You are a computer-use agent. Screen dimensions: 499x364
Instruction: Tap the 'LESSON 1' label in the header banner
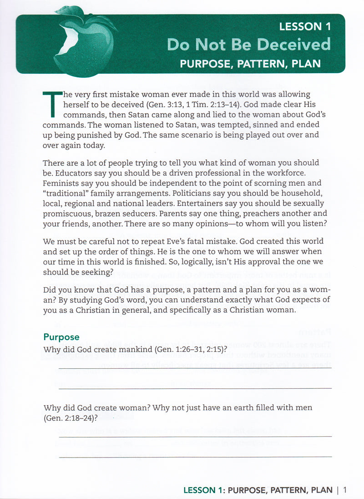tap(305, 26)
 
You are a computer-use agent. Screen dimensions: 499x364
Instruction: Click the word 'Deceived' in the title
tap(293, 44)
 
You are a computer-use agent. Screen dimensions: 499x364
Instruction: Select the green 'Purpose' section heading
tap(61, 337)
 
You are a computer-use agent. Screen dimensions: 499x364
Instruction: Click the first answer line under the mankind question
tap(195, 368)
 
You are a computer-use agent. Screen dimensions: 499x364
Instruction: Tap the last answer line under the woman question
tap(195, 456)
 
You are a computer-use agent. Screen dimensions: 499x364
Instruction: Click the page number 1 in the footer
tap(345, 490)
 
